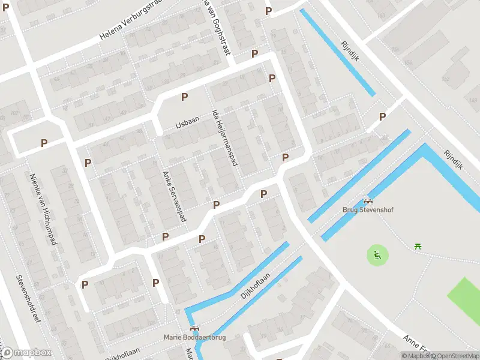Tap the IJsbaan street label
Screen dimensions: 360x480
coord(187,122)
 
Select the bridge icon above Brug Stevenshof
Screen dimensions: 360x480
coord(367,202)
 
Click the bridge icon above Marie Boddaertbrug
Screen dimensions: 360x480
coord(194,328)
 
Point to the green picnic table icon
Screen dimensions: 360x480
coord(418,245)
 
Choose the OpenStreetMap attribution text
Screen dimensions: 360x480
coord(455,356)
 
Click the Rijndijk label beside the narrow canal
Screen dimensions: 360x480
coord(349,46)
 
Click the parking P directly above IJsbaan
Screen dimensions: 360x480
coord(184,97)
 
